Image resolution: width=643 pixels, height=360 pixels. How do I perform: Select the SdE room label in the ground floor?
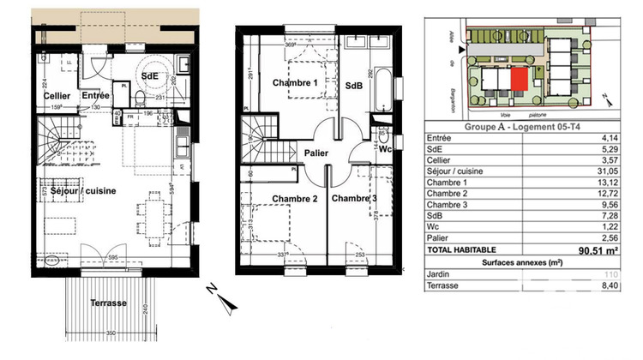[x=151, y=75]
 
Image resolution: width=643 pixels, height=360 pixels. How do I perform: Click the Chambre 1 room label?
[x=295, y=83]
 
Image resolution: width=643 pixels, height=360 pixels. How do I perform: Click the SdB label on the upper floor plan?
[x=354, y=87]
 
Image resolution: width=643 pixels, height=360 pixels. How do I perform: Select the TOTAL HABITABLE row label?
[x=465, y=251]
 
